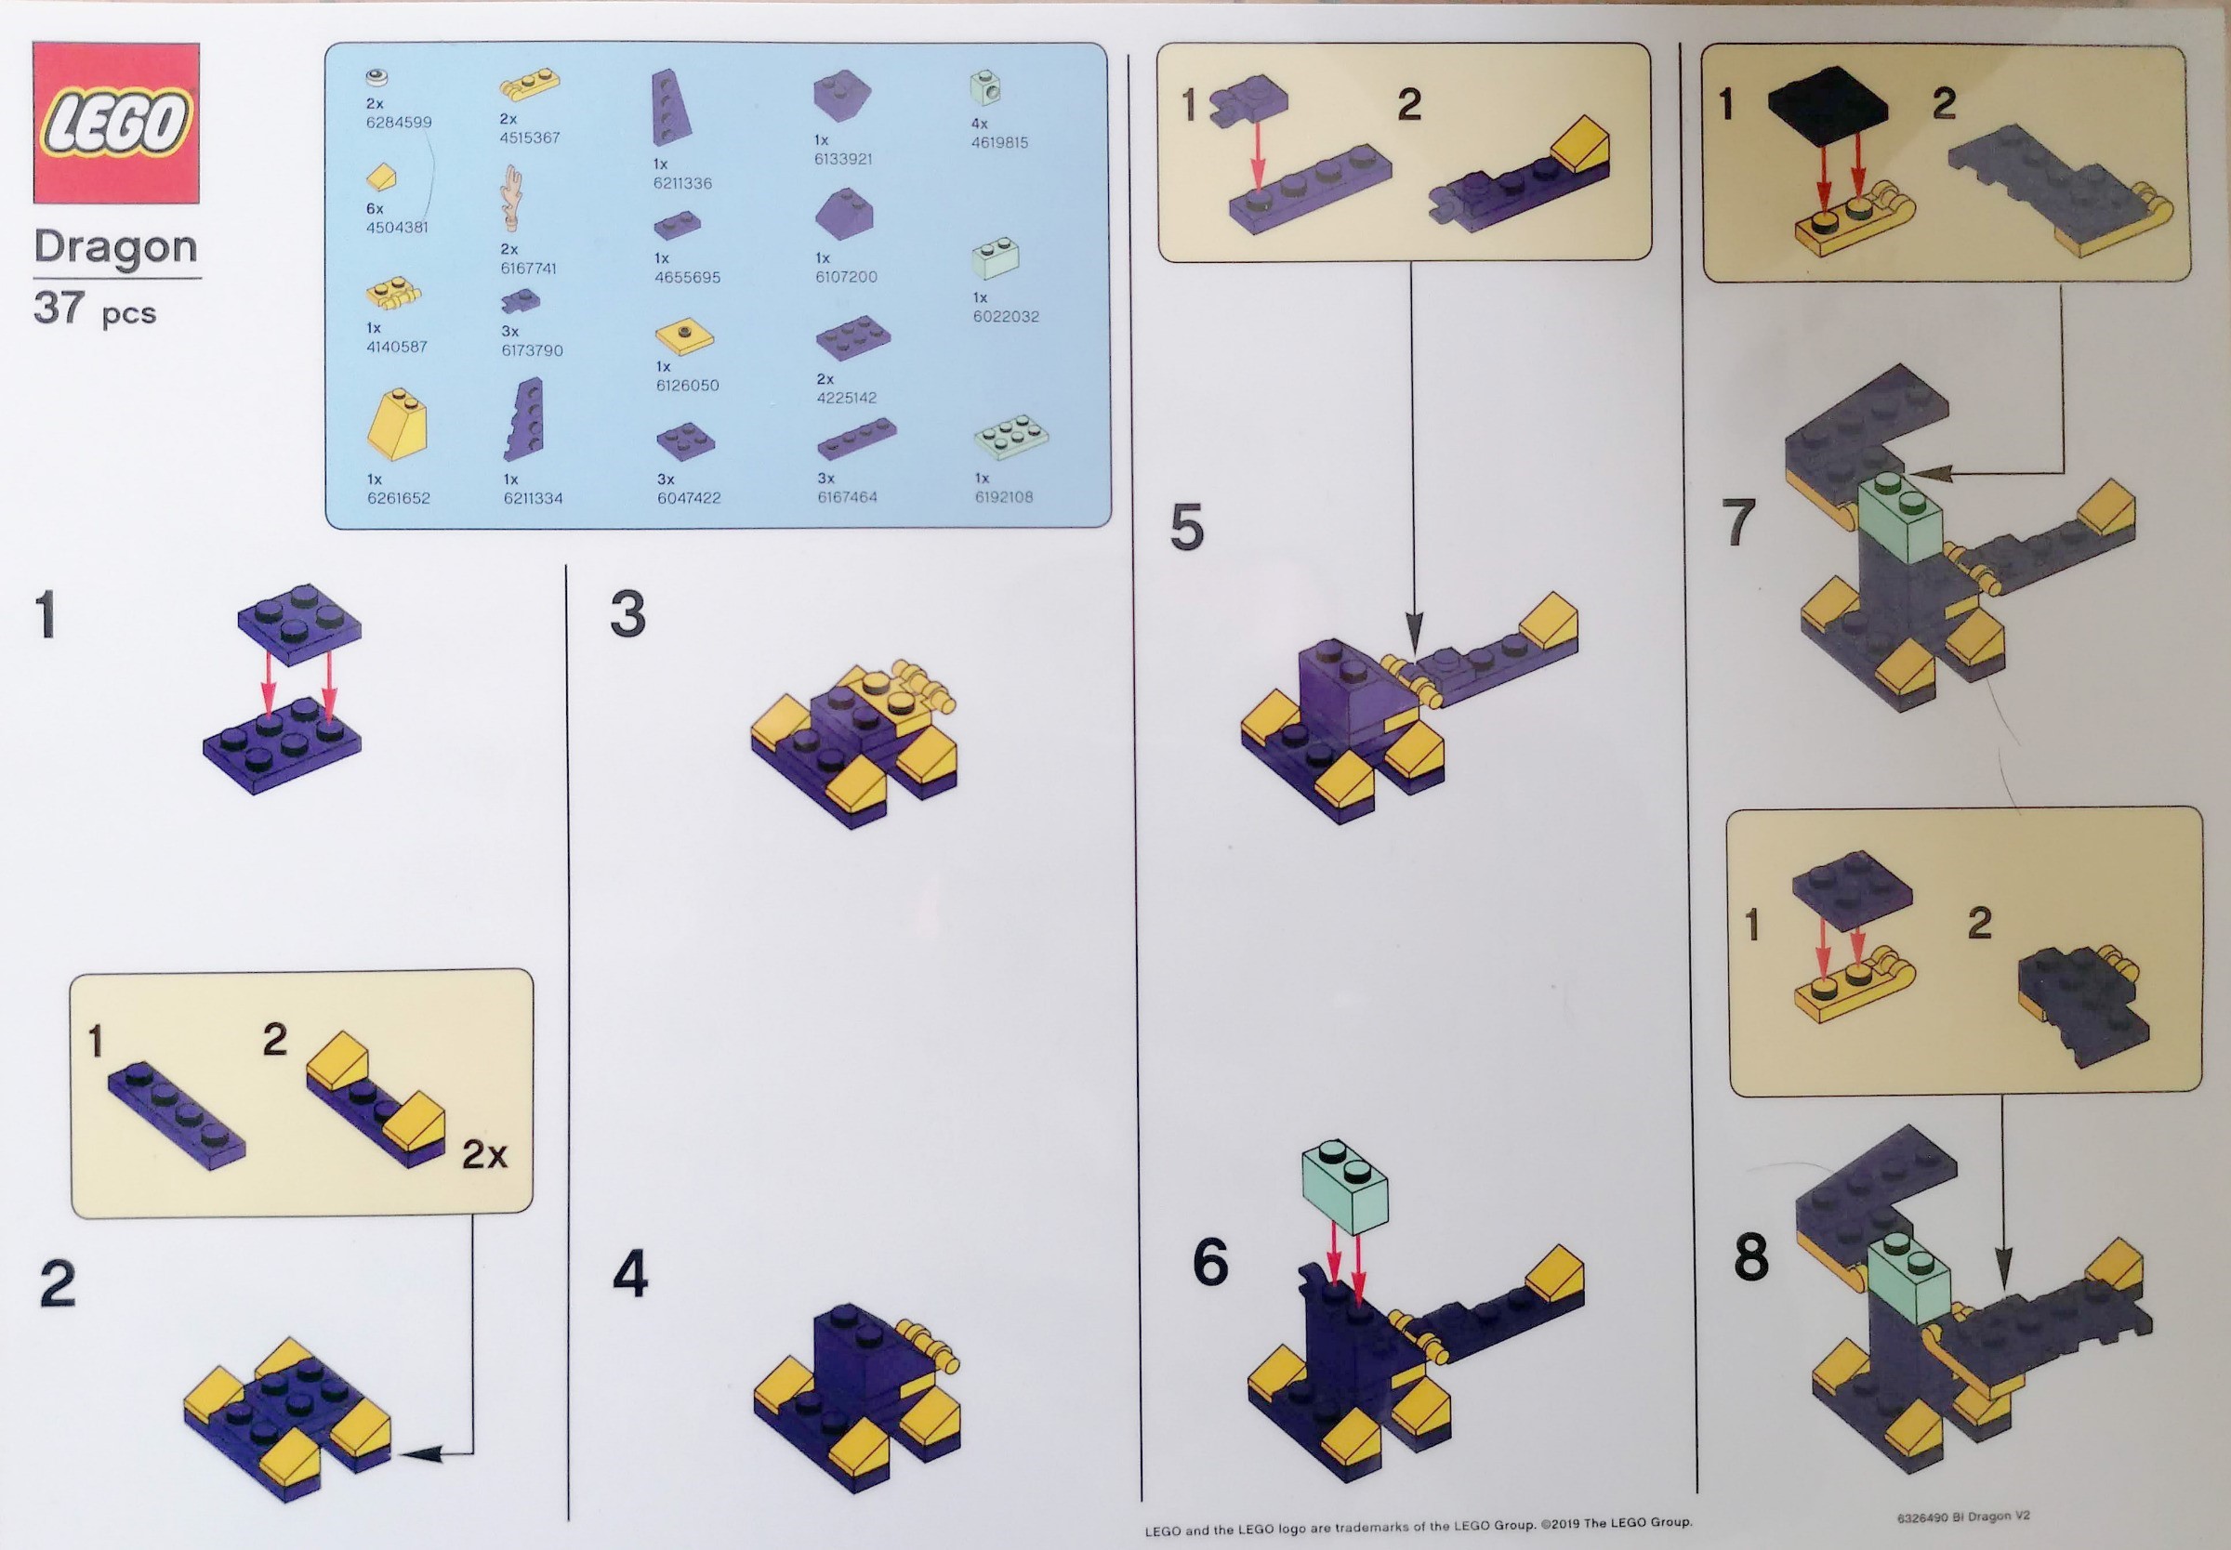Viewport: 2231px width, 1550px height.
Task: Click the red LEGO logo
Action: pyautogui.click(x=116, y=124)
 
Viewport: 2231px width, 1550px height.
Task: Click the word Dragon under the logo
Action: pyautogui.click(x=115, y=248)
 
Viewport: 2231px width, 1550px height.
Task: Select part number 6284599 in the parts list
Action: pyautogui.click(x=399, y=123)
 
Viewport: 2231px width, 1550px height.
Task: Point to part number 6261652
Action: pyautogui.click(x=398, y=497)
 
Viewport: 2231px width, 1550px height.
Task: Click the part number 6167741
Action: pyautogui.click(x=529, y=267)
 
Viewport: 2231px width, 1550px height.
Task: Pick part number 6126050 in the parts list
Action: pyautogui.click(x=687, y=385)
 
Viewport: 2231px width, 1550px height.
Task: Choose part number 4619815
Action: pyautogui.click(x=999, y=142)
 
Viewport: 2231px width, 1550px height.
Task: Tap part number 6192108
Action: pyautogui.click(x=1003, y=496)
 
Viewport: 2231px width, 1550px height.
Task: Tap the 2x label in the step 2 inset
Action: pyautogui.click(x=483, y=1156)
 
